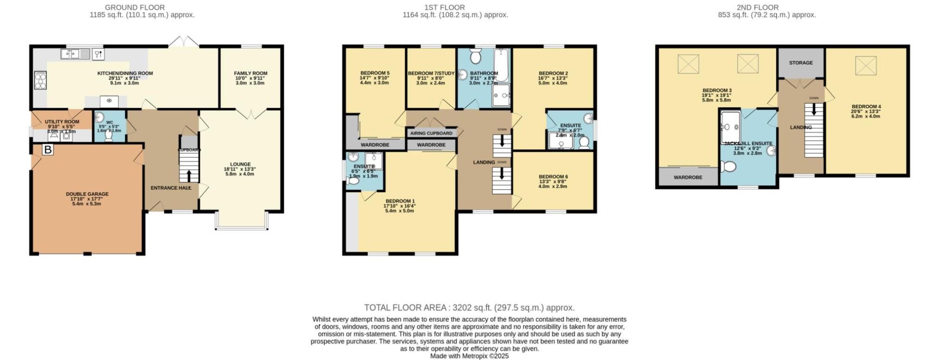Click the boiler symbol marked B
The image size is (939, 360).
click(x=48, y=150)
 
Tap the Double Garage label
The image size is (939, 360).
click(x=87, y=194)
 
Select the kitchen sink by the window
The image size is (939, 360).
click(x=74, y=54)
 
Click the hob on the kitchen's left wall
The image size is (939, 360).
click(x=40, y=80)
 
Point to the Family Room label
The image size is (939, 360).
click(x=250, y=73)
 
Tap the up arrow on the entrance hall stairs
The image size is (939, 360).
click(x=189, y=175)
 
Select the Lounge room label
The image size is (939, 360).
click(x=240, y=164)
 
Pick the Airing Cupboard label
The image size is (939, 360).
click(x=431, y=133)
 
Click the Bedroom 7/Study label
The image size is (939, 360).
click(x=431, y=73)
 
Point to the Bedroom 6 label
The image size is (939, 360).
click(x=553, y=177)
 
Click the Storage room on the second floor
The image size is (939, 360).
click(x=801, y=63)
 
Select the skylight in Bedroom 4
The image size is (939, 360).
click(x=865, y=65)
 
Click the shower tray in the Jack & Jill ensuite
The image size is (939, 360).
click(x=730, y=126)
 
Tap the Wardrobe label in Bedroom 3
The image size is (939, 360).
click(x=688, y=177)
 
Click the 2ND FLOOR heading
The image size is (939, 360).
click(x=758, y=7)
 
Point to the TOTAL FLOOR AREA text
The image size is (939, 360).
click(x=469, y=308)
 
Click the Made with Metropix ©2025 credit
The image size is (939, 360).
click(x=469, y=356)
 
